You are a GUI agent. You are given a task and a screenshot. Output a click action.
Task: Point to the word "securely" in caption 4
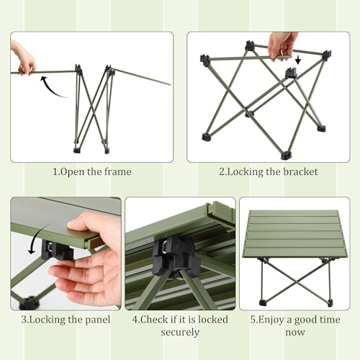tap(180, 333)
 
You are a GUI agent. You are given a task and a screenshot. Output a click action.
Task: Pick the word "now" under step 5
tap(295, 333)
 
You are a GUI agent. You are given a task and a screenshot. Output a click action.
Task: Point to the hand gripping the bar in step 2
tap(282, 45)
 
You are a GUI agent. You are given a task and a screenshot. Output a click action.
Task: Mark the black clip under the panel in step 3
tap(57, 250)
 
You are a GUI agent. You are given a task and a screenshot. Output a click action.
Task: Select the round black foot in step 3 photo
tap(30, 303)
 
